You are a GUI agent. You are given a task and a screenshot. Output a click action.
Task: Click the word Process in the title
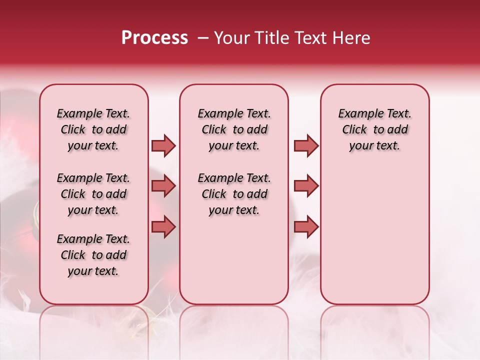[154, 38]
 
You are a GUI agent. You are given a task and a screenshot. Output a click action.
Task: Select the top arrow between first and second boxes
[163, 145]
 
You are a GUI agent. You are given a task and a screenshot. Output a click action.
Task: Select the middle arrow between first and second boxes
[163, 186]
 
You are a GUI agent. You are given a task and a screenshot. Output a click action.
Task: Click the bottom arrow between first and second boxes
[163, 227]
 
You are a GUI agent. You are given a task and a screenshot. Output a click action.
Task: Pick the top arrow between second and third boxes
[306, 145]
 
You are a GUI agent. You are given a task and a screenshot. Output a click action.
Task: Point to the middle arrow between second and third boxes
[306, 186]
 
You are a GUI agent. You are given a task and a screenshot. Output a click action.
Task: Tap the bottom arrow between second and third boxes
[306, 227]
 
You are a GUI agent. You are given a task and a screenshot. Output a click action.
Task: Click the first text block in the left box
[93, 129]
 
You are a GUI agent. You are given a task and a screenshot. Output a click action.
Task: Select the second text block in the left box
[93, 194]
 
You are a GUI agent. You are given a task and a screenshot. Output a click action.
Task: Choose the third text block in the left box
[93, 255]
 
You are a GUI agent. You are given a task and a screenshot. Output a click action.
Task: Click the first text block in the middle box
[234, 129]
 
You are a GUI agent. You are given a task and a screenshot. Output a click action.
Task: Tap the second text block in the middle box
[234, 194]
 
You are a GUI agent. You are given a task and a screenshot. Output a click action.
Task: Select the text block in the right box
[374, 129]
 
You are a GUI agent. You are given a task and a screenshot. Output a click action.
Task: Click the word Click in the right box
[354, 130]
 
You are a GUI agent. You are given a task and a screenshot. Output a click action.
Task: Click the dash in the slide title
[203, 38]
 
